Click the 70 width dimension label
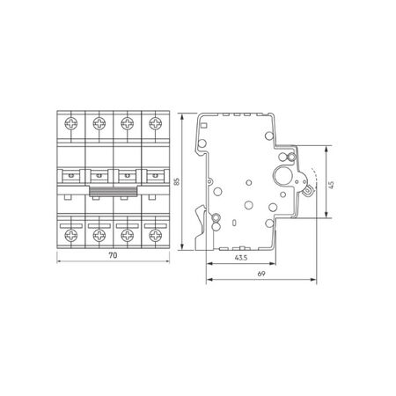tap(113, 255)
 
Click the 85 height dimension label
tap(177, 181)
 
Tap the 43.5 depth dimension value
tap(241, 258)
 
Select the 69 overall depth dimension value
tap(261, 274)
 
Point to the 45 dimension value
tap(332, 185)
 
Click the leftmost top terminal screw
tap(71, 123)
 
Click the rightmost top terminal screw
tap(155, 123)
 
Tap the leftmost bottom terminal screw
tap(71, 235)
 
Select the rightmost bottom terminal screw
tap(155, 235)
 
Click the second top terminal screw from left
tap(99, 123)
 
